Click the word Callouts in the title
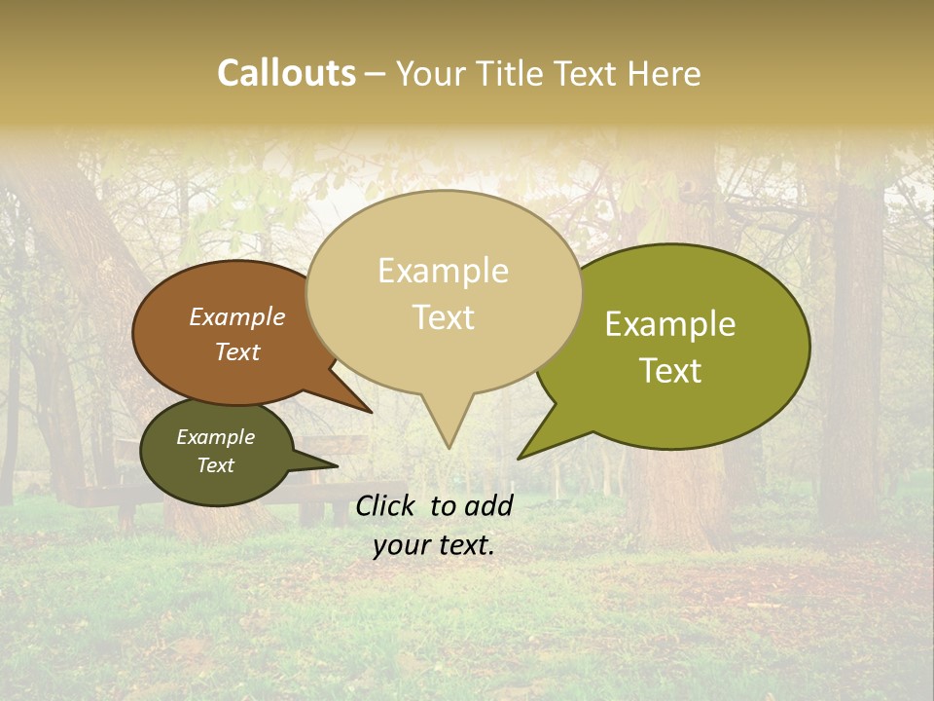286,73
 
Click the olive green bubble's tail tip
520,458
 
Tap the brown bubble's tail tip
371,412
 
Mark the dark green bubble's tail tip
337,465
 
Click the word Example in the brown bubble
236,316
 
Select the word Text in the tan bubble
444,317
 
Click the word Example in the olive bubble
670,324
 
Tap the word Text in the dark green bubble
215,465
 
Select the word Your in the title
432,73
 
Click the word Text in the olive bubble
671,371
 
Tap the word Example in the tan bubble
443,271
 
